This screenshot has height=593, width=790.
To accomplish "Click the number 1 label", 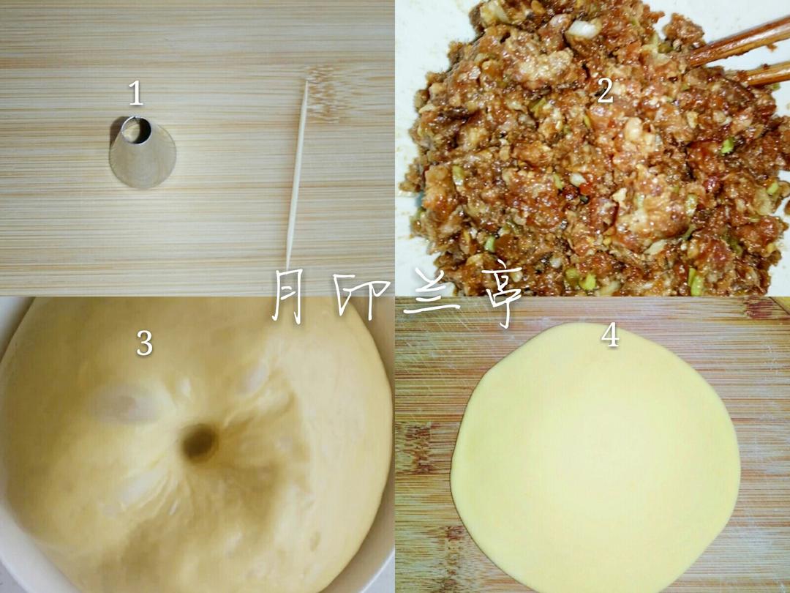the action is tap(135, 93).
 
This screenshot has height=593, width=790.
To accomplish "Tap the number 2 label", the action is tap(605, 91).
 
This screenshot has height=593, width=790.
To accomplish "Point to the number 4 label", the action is tap(610, 335).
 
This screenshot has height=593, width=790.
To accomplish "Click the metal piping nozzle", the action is tap(142, 152).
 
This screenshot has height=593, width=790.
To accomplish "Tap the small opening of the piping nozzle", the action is tap(135, 130).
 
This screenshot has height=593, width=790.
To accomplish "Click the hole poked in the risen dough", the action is tap(200, 443).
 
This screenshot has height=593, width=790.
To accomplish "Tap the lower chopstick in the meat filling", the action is tap(765, 75).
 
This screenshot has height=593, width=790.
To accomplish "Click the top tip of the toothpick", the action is tap(306, 81).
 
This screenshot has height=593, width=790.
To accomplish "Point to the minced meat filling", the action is tap(595, 152).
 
